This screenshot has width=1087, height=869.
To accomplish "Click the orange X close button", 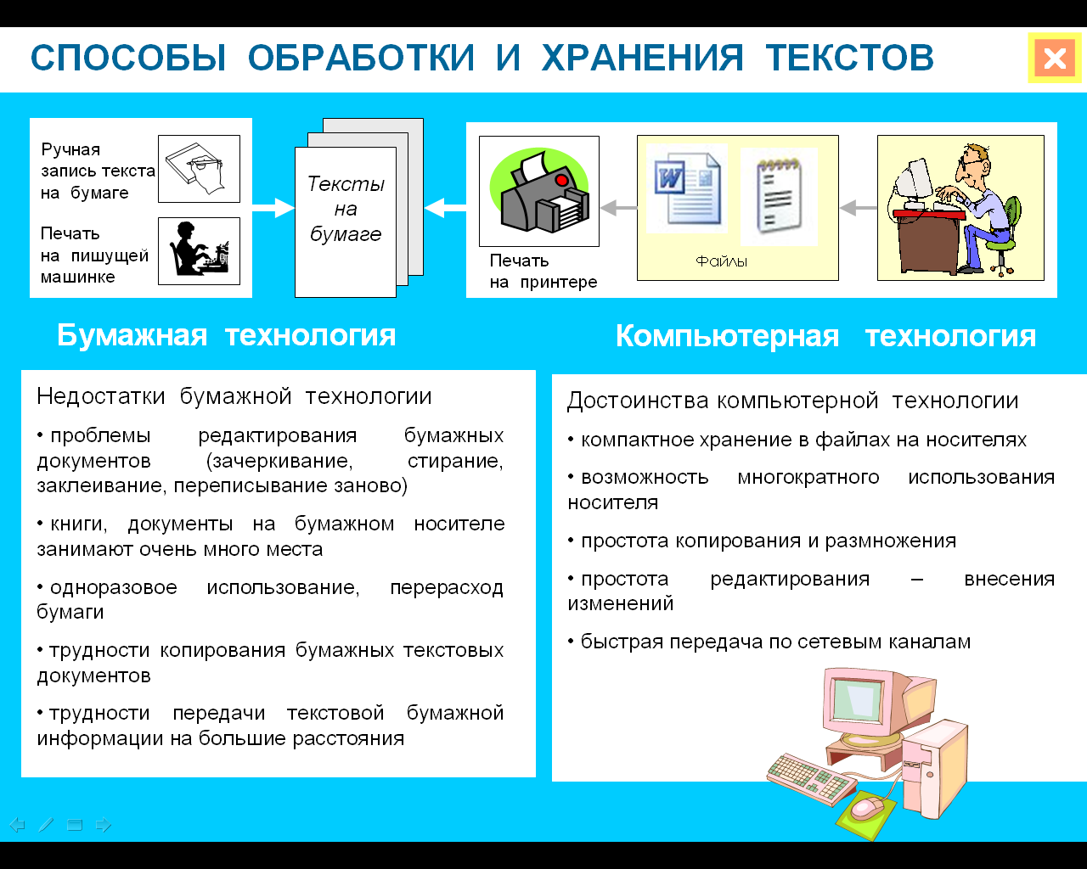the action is [1055, 58].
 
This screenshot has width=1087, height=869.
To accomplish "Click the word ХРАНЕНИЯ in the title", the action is [643, 58].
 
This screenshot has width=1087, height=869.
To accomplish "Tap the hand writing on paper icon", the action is [199, 169].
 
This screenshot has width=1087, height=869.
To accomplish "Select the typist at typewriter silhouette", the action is [199, 251].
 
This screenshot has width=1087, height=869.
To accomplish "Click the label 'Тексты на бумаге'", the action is [346, 209].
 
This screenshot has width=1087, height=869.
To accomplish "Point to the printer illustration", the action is [539, 191].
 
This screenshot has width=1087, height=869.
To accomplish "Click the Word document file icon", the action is [688, 189].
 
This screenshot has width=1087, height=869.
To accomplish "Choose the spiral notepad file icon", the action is [779, 196].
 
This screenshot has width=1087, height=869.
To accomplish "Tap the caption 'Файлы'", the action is [721, 261].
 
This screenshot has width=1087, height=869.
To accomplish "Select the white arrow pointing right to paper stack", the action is [273, 208].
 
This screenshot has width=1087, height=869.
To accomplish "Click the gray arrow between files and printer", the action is [619, 207].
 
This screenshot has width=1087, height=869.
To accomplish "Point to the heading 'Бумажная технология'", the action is [226, 334].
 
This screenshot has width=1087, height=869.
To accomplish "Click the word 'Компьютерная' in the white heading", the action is [728, 336].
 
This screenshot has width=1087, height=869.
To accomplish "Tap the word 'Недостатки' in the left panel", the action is [100, 395].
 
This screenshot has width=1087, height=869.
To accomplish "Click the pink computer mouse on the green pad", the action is [867, 807].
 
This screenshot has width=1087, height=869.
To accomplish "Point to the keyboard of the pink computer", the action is [811, 778].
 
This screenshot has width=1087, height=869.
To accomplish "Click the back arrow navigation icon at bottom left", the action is [18, 825].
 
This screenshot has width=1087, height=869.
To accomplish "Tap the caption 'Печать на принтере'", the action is [543, 272].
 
